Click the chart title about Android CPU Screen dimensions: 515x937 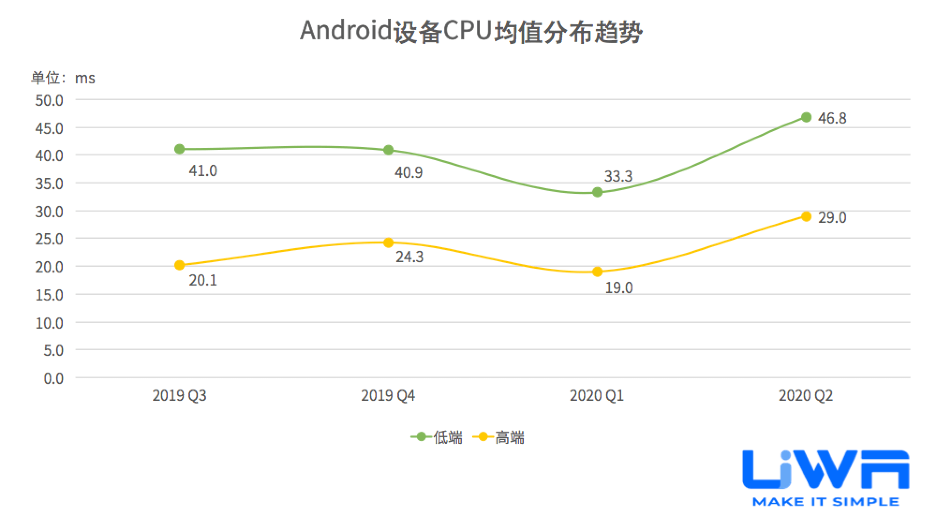coord(471,32)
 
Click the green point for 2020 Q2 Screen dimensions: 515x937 coord(806,117)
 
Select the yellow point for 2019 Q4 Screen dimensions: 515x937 coord(388,243)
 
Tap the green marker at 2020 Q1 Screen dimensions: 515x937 coord(597,192)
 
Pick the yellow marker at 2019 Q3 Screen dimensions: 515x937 coord(179,265)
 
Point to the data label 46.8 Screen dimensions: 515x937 coord(832,118)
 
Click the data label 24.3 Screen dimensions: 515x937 coord(409,257)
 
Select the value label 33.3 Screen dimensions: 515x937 coord(618,177)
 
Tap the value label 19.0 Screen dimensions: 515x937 coord(618,288)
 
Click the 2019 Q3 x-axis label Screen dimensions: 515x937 coord(179,396)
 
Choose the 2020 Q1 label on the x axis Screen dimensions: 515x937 coord(597,396)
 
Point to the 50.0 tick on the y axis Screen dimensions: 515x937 coord(49,100)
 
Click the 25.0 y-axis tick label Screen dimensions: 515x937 coord(49,239)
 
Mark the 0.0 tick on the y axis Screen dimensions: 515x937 coord(53,378)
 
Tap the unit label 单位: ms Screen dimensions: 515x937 coord(63,78)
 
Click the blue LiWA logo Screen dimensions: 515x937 coord(825,470)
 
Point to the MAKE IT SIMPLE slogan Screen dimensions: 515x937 coord(825,502)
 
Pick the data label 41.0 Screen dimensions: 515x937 coord(203,171)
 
